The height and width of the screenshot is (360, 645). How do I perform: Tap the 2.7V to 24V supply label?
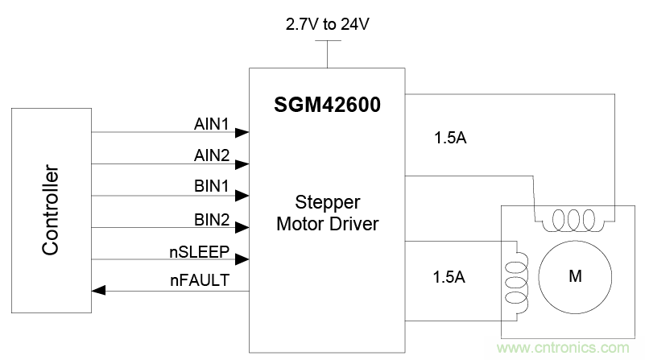pyautogui.click(x=327, y=24)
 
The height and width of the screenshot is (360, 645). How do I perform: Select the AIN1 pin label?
pyautogui.click(x=212, y=124)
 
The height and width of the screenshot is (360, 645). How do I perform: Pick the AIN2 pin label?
pyautogui.click(x=212, y=155)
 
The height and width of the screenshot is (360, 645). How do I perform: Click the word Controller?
pyautogui.click(x=51, y=211)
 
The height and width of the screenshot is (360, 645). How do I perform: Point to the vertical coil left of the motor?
pyautogui.click(x=513, y=276)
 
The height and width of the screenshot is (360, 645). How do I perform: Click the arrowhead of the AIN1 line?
pyautogui.click(x=242, y=132)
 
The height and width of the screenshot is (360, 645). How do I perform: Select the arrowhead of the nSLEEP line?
pyautogui.click(x=242, y=259)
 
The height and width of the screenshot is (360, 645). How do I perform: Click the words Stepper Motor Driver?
pyautogui.click(x=328, y=211)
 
